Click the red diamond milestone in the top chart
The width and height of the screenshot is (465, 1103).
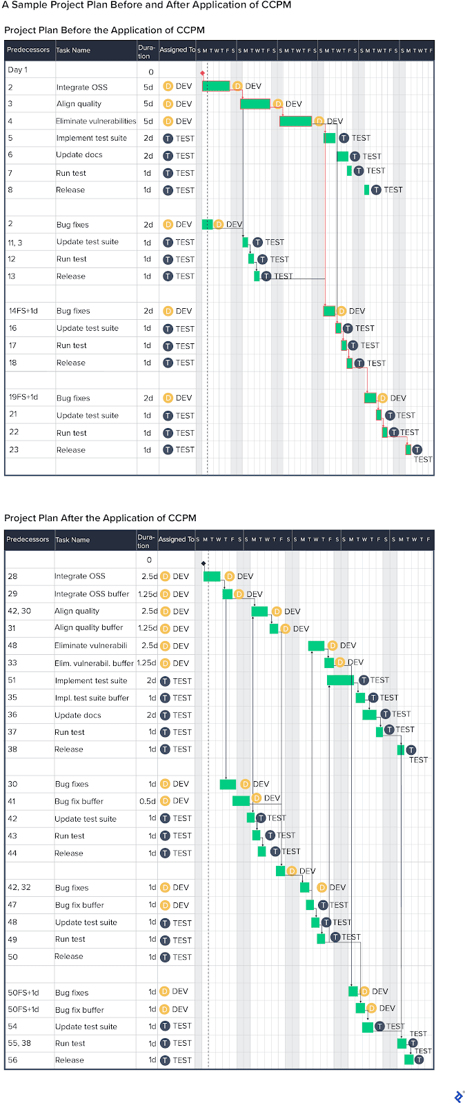202,72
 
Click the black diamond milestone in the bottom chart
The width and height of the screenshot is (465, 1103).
204,563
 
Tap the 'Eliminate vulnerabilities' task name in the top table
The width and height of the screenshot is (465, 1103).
96,121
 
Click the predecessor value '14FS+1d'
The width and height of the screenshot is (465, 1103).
23,311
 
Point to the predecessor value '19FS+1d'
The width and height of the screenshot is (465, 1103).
23,397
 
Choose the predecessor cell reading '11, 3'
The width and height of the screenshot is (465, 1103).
15,243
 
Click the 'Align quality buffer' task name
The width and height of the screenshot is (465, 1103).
88,628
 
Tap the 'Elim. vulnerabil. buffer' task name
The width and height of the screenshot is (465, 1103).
94,663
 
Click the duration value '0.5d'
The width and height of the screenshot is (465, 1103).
148,801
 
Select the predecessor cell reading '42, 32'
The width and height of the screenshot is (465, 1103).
19,887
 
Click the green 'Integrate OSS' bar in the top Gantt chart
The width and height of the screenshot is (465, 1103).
216,86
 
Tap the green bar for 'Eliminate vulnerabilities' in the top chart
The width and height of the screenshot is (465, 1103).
295,121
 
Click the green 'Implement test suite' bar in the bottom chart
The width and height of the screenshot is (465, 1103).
340,680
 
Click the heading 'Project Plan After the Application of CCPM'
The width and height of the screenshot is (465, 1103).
100,518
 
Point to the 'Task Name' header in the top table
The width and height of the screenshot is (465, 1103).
73,50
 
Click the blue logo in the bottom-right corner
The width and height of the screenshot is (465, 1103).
459,1096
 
